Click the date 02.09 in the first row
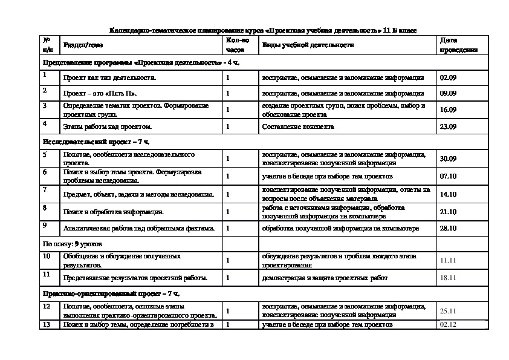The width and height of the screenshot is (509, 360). tap(448, 77)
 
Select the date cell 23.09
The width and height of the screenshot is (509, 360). tap(448, 126)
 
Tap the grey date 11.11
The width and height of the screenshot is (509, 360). tap(448, 259)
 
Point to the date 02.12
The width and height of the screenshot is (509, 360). tap(448, 325)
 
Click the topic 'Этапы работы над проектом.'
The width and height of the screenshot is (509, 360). tap(108, 126)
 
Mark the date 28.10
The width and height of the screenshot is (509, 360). tap(448, 228)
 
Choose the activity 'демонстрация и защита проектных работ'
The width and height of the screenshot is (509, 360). tap(324, 277)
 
